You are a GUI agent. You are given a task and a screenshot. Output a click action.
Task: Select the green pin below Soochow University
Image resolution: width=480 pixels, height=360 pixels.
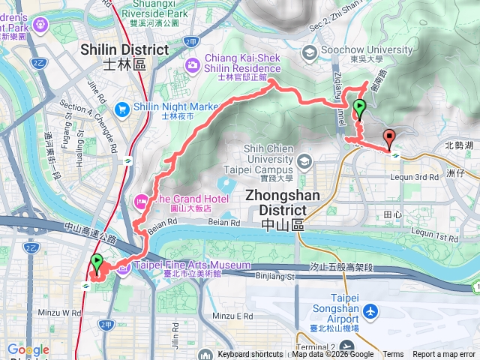[x=360, y=109]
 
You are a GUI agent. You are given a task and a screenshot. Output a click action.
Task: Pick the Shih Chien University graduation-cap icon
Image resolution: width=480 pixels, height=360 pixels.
[x=304, y=161]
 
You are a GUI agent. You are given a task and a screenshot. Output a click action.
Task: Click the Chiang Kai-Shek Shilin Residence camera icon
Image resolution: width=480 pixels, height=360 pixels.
[x=194, y=65]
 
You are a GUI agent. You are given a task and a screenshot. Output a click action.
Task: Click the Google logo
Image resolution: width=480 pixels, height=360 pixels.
[x=28, y=349]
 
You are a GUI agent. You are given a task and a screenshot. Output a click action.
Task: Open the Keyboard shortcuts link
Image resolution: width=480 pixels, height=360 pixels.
[x=250, y=355]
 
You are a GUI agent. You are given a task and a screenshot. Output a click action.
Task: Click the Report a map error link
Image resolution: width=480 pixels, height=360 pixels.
[x=443, y=355]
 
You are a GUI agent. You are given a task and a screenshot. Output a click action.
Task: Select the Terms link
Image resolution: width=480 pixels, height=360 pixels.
[x=393, y=355]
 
